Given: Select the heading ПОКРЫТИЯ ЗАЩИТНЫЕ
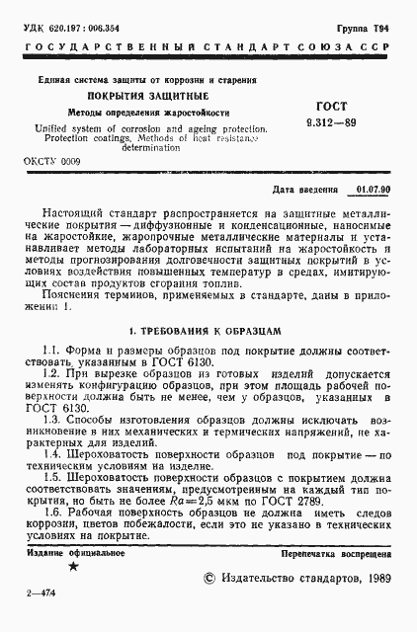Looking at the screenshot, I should tap(147, 95).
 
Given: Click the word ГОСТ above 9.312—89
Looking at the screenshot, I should tap(348, 105).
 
